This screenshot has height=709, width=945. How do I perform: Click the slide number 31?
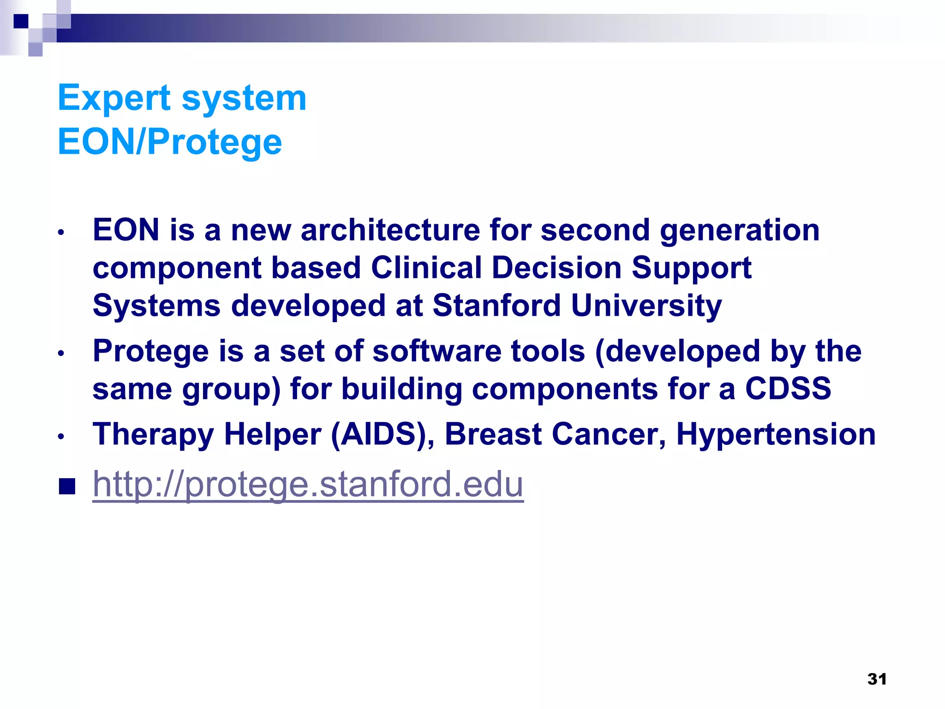pos(877,679)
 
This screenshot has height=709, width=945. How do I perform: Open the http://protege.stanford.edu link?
pos(308,484)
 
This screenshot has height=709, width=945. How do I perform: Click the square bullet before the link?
pos(67,486)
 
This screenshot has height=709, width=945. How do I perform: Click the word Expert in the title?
pos(114,98)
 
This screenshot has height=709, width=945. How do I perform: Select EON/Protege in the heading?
pos(169,142)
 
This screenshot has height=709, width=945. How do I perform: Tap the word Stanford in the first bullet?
pos(496,306)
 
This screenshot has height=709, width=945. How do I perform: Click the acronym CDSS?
pos(788,389)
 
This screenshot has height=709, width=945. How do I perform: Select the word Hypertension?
pos(776,435)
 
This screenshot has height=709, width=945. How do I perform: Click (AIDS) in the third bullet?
pos(383,435)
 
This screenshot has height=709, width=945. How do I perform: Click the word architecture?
pos(390,230)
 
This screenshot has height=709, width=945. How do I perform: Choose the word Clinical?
pos(426,268)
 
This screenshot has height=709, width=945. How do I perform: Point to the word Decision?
pos(556,268)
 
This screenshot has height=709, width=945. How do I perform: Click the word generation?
pos(740,231)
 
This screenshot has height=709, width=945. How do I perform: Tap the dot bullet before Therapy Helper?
pos(61,436)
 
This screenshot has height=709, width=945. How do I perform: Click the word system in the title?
pos(244,99)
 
